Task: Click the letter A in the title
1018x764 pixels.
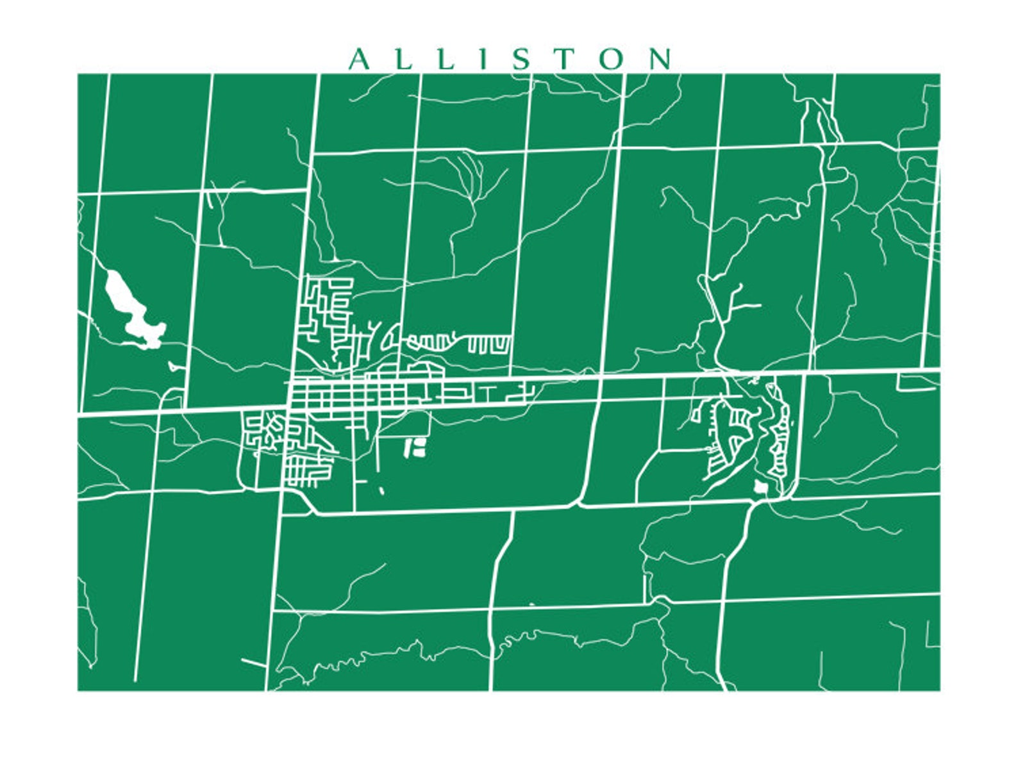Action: tap(360, 60)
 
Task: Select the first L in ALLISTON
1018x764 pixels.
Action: tap(404, 60)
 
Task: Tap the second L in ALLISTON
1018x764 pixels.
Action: tap(446, 60)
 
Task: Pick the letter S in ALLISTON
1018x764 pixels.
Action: tap(522, 60)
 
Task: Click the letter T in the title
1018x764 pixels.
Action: tap(565, 60)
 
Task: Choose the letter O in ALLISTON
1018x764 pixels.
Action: tap(612, 60)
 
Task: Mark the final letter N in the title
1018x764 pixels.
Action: tap(660, 60)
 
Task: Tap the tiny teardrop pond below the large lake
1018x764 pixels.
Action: tap(172, 367)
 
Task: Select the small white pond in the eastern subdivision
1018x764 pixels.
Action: tap(760, 487)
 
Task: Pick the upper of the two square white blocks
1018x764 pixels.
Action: tap(421, 442)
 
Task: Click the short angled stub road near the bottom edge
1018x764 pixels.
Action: tap(254, 663)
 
